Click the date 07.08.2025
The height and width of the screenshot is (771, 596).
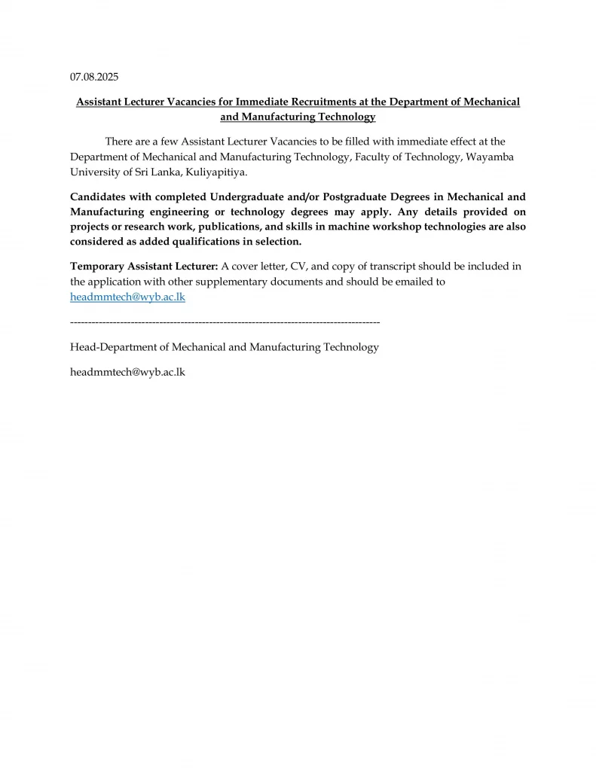pos(94,77)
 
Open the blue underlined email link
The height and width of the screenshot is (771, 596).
pos(127,297)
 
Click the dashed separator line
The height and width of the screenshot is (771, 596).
pos(225,322)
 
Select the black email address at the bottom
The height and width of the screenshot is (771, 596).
pos(127,372)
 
